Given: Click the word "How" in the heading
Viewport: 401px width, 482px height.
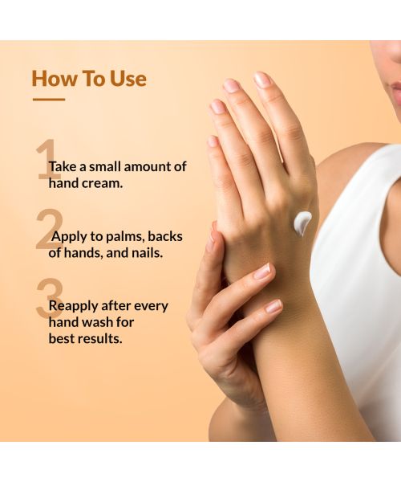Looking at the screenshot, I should point(53,79).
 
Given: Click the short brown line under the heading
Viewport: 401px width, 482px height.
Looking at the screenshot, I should point(48,100).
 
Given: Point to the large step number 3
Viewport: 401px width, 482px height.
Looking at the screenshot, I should point(47,300).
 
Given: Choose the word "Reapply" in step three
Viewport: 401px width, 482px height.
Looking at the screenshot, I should point(74,307).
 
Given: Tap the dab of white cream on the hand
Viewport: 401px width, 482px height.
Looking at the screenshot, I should point(302,223).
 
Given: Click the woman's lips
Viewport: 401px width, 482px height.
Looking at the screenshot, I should point(395,90).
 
